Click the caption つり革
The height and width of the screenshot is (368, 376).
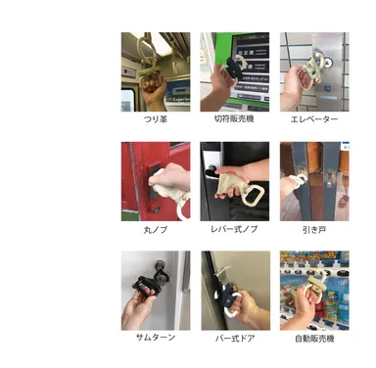coord(156,119)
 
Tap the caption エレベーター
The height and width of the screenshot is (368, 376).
coord(314,119)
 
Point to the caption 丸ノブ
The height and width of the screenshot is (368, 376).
coord(156,227)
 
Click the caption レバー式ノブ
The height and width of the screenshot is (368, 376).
coord(235,227)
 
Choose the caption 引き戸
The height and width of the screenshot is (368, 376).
coord(314,227)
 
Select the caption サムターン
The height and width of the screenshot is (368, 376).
coord(156,338)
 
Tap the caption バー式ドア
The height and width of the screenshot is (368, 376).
coord(235,338)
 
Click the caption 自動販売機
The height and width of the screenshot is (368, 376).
coord(314,338)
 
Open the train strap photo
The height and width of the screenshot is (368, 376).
coord(156,71)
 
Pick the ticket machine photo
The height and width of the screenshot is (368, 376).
coord(235,71)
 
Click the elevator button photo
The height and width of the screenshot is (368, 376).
coord(313,71)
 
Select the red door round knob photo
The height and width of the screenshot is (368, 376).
coord(156,180)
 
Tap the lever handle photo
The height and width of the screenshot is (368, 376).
coord(235,180)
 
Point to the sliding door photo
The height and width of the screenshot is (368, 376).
coord(313,180)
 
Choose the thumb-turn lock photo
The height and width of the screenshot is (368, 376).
coord(156,290)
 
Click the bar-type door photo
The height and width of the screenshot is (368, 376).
coord(235,290)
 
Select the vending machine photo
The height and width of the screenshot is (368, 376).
coord(313,290)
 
